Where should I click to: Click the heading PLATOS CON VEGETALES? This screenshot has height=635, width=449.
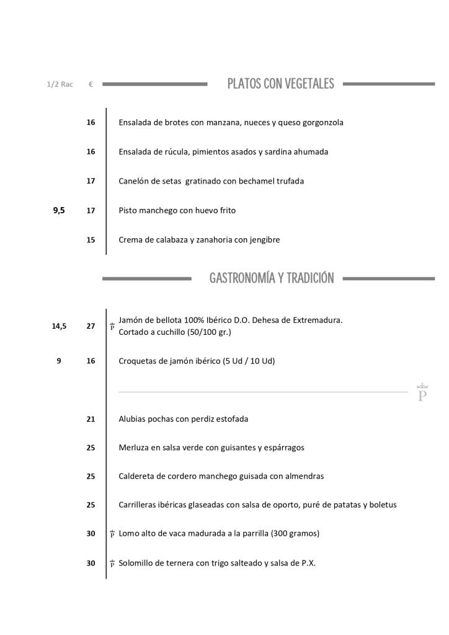(280, 84)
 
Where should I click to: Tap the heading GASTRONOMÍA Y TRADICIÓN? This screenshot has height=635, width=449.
(272, 278)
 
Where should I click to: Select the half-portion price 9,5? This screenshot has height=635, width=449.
(59, 210)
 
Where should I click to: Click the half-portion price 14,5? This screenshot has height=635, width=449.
(59, 326)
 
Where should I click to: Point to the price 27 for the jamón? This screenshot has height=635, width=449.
(91, 326)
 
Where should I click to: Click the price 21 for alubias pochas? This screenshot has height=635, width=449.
(91, 419)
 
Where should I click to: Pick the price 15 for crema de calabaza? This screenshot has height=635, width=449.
(91, 239)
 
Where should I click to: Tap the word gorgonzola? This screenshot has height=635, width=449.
(322, 123)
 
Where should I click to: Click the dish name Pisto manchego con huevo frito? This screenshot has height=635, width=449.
(177, 210)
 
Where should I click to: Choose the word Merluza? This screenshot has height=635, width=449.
(134, 447)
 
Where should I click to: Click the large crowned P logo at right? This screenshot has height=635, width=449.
(422, 393)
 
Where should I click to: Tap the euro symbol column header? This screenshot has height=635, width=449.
(91, 84)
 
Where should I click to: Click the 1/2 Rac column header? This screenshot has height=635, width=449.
(60, 84)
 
